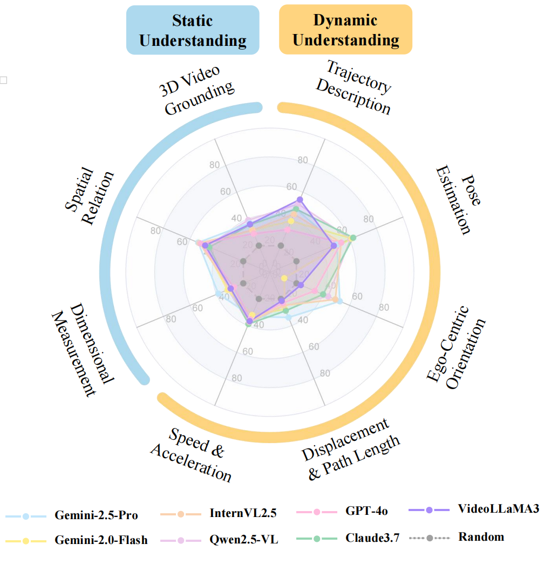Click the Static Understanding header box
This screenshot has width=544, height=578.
[193, 30]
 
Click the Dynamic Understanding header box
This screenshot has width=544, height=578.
[345, 30]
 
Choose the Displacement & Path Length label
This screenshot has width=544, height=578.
[351, 448]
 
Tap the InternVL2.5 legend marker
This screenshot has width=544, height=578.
[181, 514]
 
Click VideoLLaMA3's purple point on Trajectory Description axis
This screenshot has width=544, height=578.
[300, 200]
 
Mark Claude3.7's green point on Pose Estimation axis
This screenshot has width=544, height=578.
[353, 237]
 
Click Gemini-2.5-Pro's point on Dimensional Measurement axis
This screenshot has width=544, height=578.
[218, 294]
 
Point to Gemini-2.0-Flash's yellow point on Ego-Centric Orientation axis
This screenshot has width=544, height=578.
[284, 278]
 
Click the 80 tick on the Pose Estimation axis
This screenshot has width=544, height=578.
[369, 219]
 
